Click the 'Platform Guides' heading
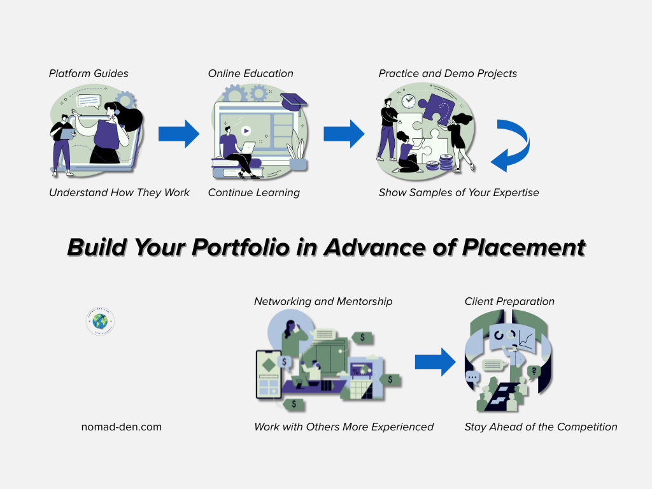coord(89,73)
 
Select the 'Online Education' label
coord(250,73)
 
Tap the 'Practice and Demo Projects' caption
coord(448,73)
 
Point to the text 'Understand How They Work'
coord(119,192)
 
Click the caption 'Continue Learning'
coord(253,192)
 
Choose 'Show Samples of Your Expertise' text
coord(458,192)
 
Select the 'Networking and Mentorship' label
coord(323,301)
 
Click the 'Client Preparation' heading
coord(509,301)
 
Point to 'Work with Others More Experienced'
coord(344,427)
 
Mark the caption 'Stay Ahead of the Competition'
coord(541,427)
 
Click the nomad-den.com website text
coord(121,427)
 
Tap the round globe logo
coord(100,322)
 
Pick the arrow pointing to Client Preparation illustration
coord(435,362)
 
